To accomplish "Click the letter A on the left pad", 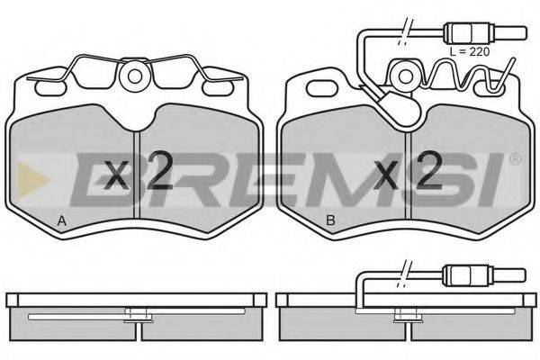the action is pyautogui.click(x=61, y=220).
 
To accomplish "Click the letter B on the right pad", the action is pyautogui.click(x=330, y=220).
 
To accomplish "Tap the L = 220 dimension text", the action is pyautogui.click(x=470, y=51).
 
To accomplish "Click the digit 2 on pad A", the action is pyautogui.click(x=159, y=170).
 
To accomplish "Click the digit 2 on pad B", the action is pyautogui.click(x=428, y=170).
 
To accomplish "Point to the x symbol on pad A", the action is pyautogui.click(x=116, y=175).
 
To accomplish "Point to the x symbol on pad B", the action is pyautogui.click(x=386, y=175).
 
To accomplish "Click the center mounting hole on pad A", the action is pyautogui.click(x=135, y=76).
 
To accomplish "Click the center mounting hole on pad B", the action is pyautogui.click(x=405, y=76).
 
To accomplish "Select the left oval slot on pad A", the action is pyautogui.click(x=50, y=88).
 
